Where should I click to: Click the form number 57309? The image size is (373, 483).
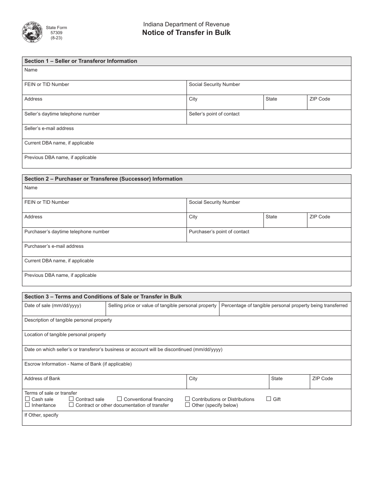[56, 33]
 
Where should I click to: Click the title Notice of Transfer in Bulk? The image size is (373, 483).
[186, 33]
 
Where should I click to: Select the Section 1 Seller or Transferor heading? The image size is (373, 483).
[80, 61]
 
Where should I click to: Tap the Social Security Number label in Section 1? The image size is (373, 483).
[214, 84]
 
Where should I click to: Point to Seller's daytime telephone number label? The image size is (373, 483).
[62, 114]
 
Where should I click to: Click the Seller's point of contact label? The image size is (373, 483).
[214, 114]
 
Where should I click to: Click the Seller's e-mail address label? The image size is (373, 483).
[49, 128]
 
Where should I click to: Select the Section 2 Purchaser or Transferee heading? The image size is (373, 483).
[103, 179]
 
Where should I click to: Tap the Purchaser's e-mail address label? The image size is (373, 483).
[54, 246]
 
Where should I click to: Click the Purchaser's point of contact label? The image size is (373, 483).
[219, 232]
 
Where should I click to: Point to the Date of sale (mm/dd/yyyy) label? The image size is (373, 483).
[53, 306]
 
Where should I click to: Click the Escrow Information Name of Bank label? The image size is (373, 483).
[78, 364]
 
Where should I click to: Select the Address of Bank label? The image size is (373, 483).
[42, 379]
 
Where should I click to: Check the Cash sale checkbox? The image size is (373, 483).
[27, 399]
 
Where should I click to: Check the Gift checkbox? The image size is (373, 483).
[269, 399]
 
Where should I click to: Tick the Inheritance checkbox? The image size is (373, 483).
[27, 405]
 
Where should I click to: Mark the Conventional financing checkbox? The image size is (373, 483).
[119, 399]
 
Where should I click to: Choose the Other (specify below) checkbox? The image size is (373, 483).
[188, 405]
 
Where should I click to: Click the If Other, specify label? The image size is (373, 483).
[41, 415]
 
